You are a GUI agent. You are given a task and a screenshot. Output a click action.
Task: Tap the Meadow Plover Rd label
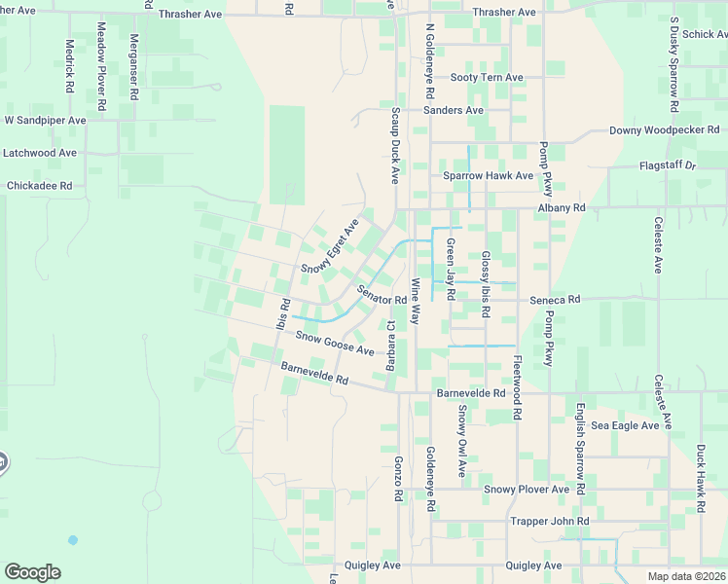point(101,65)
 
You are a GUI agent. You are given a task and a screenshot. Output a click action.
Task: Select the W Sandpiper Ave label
point(46,121)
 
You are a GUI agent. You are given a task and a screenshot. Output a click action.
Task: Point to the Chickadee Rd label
point(40,185)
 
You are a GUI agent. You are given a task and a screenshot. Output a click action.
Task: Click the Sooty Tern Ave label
point(487,78)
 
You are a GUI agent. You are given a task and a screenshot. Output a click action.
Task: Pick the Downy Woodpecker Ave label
point(664,130)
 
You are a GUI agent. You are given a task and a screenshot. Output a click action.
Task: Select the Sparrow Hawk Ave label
point(488,176)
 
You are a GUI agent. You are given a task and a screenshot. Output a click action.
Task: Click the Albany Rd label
point(564,208)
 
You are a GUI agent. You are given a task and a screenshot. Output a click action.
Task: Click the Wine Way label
point(415,302)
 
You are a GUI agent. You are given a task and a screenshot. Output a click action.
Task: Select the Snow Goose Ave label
point(335,344)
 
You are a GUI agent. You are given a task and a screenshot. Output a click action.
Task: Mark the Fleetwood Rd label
point(518,386)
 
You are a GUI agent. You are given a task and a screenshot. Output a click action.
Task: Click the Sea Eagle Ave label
point(625,425)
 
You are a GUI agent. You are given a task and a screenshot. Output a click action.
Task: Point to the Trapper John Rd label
point(550,522)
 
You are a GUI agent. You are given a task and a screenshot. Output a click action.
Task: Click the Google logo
point(32,572)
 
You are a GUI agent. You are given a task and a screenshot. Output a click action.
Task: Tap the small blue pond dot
point(73,539)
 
